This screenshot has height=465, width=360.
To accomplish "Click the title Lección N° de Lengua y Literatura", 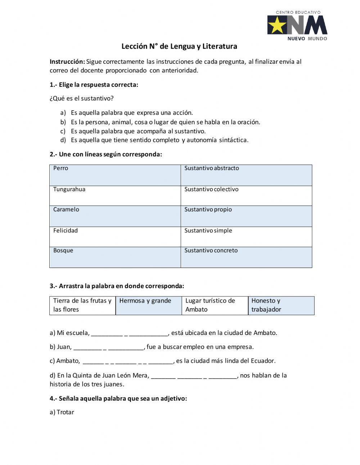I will tap(179, 46).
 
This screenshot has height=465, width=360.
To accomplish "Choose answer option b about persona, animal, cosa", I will tap(165, 122).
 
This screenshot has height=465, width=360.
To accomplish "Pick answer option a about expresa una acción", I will tap(132, 113).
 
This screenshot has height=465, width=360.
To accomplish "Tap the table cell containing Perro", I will tap(115, 175).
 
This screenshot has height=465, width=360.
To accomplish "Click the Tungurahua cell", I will tap(115, 196).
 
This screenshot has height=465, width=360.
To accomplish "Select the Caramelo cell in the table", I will tap(115, 216).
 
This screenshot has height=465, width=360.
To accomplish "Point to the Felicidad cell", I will tap(115, 237).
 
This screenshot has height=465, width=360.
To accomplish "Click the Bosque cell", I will tap(115, 257).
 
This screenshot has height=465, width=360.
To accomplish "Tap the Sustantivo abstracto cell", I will tap(246, 175).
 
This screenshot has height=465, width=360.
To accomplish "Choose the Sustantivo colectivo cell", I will tap(246, 196).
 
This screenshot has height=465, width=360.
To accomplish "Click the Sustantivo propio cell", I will tap(246, 216).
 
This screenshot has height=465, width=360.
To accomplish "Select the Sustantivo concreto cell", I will tap(246, 257).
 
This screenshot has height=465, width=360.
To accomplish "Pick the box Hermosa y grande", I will tap(149, 305).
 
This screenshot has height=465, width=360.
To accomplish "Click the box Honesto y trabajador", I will tap(281, 305).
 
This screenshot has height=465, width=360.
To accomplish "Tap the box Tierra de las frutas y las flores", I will tap(82, 305).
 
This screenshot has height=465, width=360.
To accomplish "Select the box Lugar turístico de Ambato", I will tap(215, 305).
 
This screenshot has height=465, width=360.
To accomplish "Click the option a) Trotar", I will tap(62, 412).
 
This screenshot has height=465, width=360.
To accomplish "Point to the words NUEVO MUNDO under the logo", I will tap(307, 39).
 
